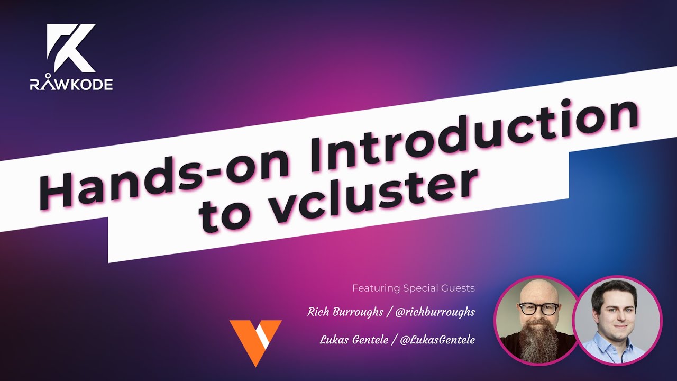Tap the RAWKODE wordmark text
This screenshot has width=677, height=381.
[x=71, y=84]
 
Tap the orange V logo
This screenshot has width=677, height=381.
[x=255, y=342]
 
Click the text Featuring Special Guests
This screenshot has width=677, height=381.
[x=414, y=288]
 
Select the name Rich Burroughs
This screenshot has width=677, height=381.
[x=345, y=312]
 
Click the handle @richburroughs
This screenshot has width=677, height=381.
[x=434, y=312]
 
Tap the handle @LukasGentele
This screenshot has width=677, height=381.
[x=437, y=339]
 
